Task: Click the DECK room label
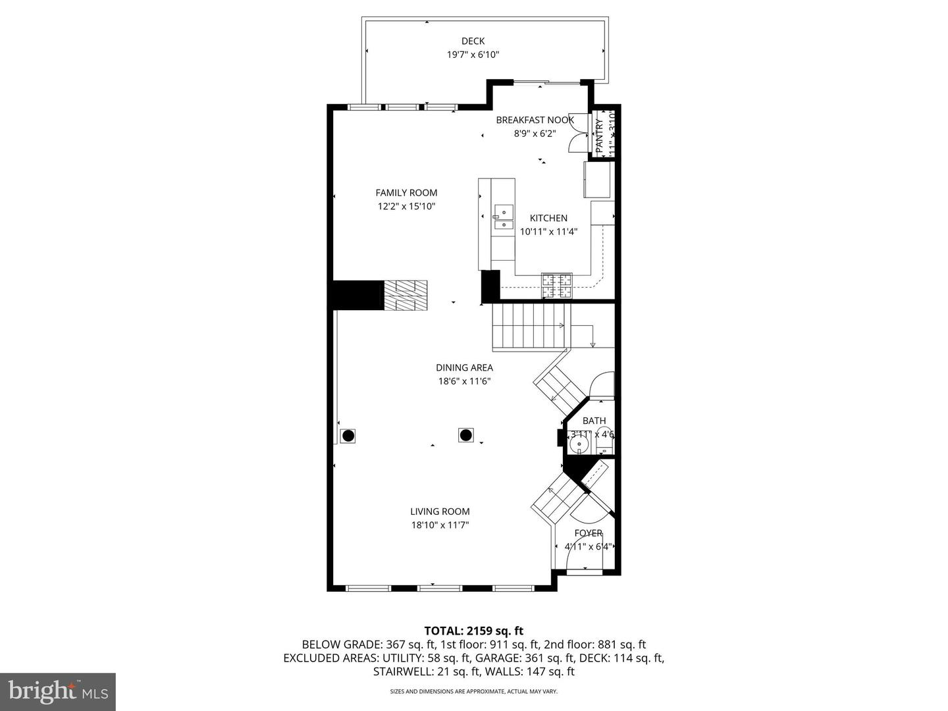(473, 41)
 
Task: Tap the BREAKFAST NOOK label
(535, 120)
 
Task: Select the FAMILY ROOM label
(406, 193)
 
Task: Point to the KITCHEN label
(548, 218)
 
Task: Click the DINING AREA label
(464, 368)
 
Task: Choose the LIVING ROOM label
(440, 512)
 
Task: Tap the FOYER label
(588, 533)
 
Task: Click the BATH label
(594, 421)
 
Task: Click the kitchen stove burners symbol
(557, 285)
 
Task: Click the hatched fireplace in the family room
(406, 295)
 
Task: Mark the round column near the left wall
(348, 436)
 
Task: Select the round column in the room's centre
(466, 435)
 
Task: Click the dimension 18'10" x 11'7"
(440, 525)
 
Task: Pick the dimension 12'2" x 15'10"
(406, 207)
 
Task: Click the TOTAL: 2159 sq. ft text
(473, 631)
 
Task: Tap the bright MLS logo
(58, 691)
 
